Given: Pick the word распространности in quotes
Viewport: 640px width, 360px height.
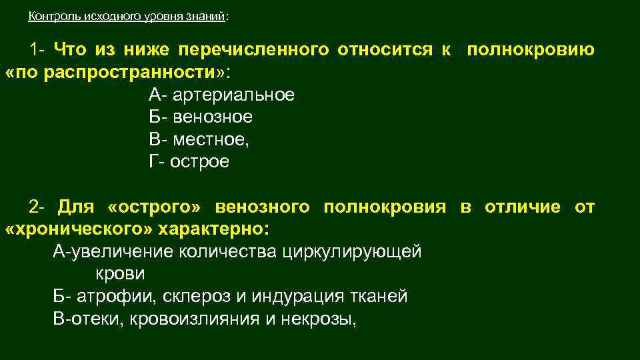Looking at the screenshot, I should (133, 72).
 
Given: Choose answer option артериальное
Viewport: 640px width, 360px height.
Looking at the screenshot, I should (233, 95).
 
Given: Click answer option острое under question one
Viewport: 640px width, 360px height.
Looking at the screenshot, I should (199, 163).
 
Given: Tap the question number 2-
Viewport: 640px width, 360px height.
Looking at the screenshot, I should (37, 207).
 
